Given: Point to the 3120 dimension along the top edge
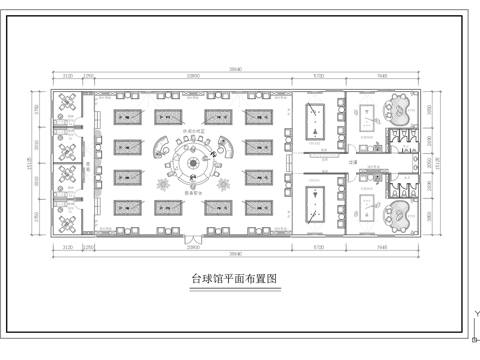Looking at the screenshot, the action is [x=66, y=75].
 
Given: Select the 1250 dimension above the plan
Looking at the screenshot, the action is [x=88, y=75].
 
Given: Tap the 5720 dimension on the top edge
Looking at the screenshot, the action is [x=318, y=75].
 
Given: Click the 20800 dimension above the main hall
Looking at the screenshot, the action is [x=193, y=75].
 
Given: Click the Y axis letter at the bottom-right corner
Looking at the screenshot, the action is [x=476, y=313].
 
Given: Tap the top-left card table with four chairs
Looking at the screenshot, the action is [x=67, y=102].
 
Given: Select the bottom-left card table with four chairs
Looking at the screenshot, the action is [x=67, y=223].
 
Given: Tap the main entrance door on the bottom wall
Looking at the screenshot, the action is [x=191, y=241].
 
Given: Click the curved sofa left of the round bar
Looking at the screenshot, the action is [x=159, y=151].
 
